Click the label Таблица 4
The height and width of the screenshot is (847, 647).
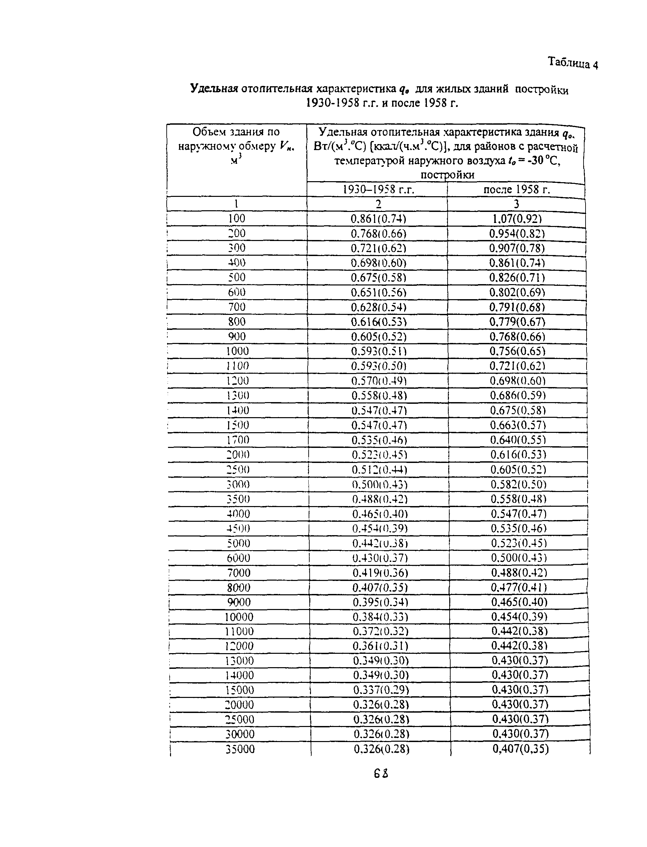[x=573, y=63]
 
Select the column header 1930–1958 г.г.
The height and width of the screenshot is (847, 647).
[x=378, y=189]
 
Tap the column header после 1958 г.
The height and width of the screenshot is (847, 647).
[x=516, y=189]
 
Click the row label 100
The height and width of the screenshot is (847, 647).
[x=236, y=219]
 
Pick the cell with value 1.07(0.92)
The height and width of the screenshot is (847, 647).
[x=517, y=219]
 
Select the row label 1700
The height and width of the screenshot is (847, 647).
[x=237, y=440]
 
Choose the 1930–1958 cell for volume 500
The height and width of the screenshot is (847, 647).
[x=378, y=277]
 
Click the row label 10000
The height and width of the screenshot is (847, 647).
[x=239, y=617]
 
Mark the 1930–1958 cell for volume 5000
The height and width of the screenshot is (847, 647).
[x=380, y=543]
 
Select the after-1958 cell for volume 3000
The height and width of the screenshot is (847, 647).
[x=518, y=484]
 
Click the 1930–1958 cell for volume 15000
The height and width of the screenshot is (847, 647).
[x=381, y=690]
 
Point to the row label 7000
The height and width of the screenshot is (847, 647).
[x=239, y=573]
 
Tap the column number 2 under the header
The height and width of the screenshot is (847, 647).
[x=378, y=204]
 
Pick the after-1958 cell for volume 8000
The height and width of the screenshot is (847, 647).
[x=519, y=587]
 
